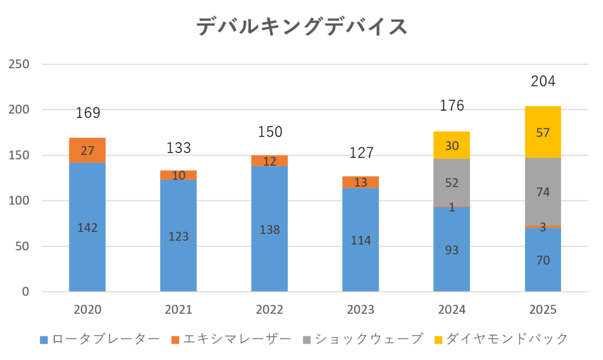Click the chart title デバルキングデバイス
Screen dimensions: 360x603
301,27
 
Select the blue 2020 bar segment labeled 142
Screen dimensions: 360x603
87,227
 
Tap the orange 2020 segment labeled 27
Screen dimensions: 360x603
87,150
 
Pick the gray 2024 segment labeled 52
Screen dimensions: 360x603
452,183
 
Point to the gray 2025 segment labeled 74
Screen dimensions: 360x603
543,191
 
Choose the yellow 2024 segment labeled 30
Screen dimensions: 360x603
452,145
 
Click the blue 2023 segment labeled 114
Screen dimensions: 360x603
360,240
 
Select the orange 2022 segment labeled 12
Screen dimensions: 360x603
270,161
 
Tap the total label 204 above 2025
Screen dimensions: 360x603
543,81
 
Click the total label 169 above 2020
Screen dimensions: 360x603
88,113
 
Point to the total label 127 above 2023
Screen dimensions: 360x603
361,153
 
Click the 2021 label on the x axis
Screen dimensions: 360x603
178,309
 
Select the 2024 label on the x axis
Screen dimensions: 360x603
452,309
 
